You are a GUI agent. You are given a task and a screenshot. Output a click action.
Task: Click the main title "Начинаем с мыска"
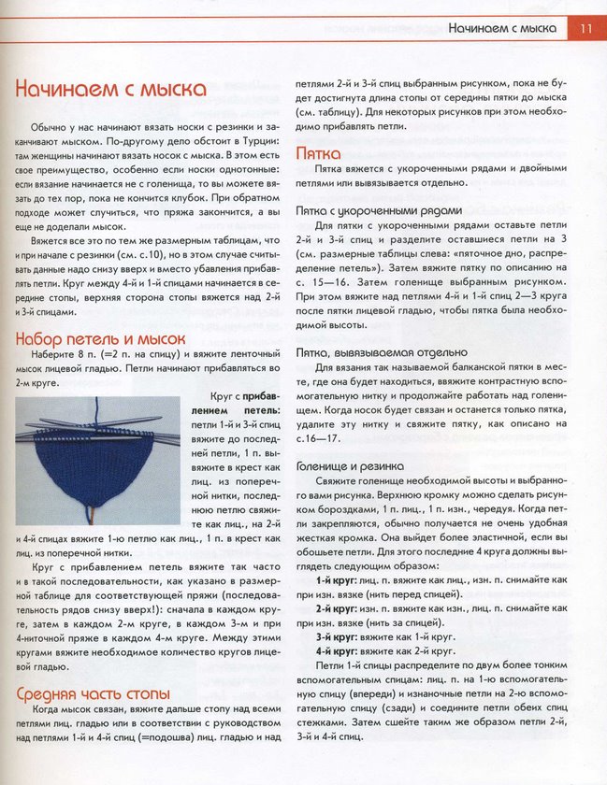coord(110,90)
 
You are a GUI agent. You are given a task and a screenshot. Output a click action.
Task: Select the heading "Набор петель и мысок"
coord(101,339)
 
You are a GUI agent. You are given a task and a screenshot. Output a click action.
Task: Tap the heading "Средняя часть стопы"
coord(93,693)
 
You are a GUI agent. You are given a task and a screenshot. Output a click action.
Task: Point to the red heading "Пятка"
coord(318,153)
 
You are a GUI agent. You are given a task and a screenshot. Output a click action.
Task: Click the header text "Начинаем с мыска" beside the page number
coord(501,28)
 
